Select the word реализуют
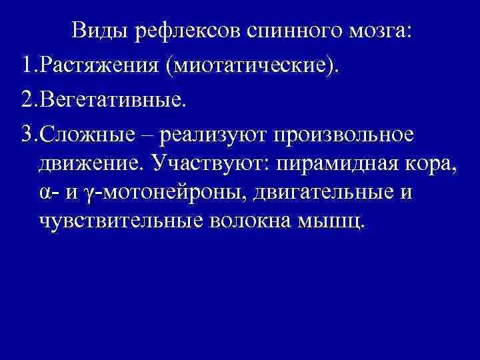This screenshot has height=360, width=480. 205,135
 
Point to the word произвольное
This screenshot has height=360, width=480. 341,135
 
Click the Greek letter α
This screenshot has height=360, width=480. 44,192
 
